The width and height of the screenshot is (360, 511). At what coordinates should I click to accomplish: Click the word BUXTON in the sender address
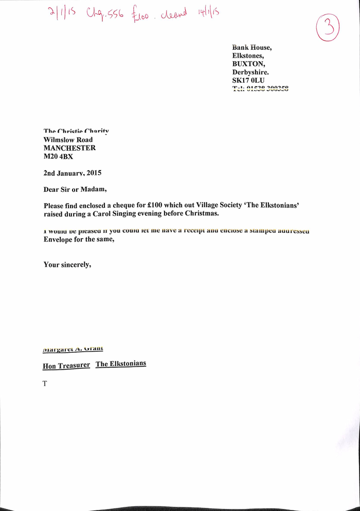pos(249,64)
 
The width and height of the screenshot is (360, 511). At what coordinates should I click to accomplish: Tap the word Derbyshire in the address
pos(250,72)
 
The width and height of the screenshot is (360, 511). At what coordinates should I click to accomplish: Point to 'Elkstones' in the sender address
pos(248,56)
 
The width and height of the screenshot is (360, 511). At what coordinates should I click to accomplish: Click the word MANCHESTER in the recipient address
pos(69,148)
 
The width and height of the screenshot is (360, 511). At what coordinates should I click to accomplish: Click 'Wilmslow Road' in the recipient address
pos(68,140)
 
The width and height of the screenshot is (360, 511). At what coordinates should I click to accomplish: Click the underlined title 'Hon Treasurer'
pos(66,366)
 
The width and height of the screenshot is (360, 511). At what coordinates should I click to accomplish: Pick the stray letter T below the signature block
pos(45,382)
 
